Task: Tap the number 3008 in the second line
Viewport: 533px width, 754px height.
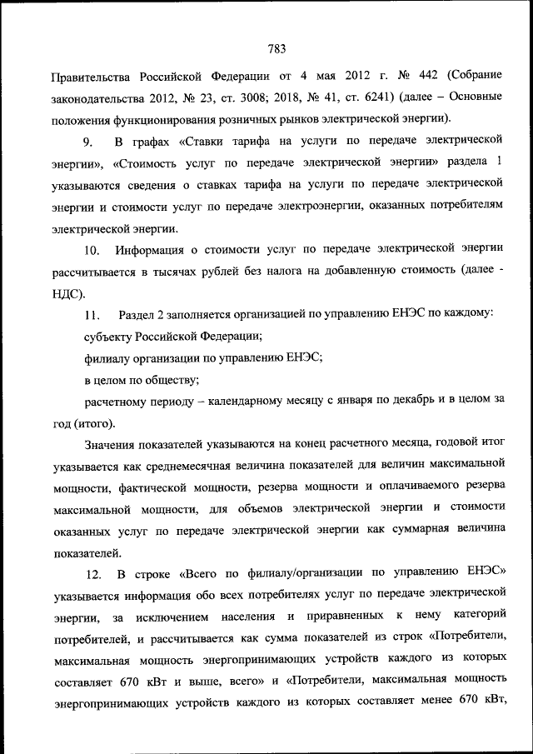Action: pyautogui.click(x=262, y=97)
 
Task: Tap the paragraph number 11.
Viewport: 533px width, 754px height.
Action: pyautogui.click(x=92, y=314)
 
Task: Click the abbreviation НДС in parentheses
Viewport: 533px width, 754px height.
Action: pyautogui.click(x=68, y=292)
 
